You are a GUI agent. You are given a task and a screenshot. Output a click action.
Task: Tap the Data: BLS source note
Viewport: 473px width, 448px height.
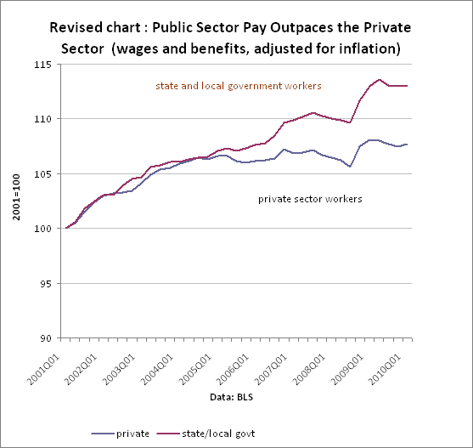(234, 396)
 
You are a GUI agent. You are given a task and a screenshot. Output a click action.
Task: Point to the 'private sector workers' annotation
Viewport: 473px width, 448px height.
(310, 198)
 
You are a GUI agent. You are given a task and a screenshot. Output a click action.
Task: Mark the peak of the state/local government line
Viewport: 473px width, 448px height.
(380, 80)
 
